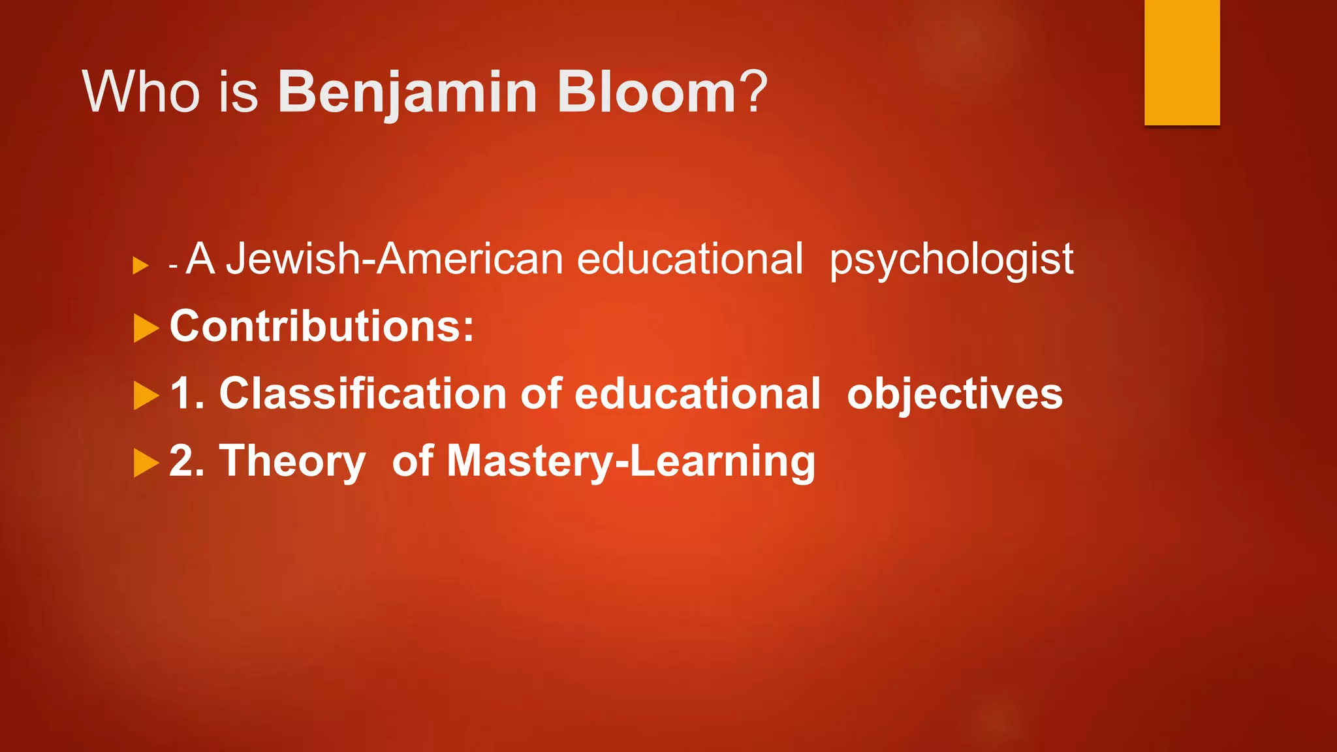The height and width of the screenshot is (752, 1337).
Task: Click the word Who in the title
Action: click(x=140, y=93)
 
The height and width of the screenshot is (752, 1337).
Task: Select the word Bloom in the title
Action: click(x=646, y=93)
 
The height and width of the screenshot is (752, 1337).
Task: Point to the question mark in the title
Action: click(x=754, y=93)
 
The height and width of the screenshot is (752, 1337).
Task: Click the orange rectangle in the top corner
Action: click(x=1182, y=62)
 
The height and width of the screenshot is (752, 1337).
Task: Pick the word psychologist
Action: click(x=951, y=260)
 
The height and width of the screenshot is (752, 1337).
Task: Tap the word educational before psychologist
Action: click(x=689, y=258)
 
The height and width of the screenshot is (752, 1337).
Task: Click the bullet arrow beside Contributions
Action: click(x=146, y=328)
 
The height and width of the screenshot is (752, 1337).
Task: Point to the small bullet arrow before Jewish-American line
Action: click(x=140, y=266)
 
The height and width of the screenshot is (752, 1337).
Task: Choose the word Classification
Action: click(x=363, y=394)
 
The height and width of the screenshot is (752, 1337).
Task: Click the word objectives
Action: click(x=954, y=395)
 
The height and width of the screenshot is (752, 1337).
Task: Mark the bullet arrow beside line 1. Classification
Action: click(x=146, y=396)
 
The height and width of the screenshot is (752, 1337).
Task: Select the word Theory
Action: click(x=292, y=462)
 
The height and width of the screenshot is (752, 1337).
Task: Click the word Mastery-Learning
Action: click(x=631, y=462)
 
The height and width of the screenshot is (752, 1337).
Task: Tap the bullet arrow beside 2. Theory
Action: click(x=146, y=463)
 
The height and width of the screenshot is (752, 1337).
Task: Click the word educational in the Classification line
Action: click(x=697, y=394)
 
